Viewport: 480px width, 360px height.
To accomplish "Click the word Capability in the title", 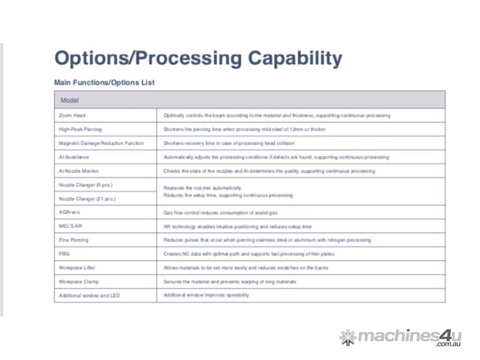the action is pos(295,58).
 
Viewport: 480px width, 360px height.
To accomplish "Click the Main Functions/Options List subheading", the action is pos(105,82).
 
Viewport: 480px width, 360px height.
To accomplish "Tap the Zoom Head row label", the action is pos(72,115).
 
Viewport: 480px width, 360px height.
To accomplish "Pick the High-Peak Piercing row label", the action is pos(80,129).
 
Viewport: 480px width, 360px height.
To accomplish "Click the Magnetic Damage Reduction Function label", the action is pos(101,143).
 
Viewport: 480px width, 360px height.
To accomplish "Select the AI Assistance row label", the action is pos(74,157).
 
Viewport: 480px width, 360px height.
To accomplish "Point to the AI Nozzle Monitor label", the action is pos(79,171).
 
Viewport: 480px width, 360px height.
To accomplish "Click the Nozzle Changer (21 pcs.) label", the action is pos(87,199).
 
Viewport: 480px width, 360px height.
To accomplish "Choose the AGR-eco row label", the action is pos(69,212).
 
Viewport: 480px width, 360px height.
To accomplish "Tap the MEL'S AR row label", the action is pos(70,226).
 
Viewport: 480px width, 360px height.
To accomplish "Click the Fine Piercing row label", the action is pos(74,240).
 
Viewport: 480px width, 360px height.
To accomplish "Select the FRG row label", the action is pos(64,254).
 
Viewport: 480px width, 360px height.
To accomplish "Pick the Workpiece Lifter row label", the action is pos(77,268).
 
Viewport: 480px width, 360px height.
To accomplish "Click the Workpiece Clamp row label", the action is pos(79,282).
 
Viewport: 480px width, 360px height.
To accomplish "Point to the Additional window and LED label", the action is pos(90,295).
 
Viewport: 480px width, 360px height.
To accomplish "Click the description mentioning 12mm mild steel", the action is pos(245,129).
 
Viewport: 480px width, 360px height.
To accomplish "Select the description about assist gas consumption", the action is pos(220,212).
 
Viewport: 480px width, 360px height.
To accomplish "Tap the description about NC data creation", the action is pos(249,254).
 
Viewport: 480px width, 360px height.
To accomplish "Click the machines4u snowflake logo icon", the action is pos(348,337).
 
